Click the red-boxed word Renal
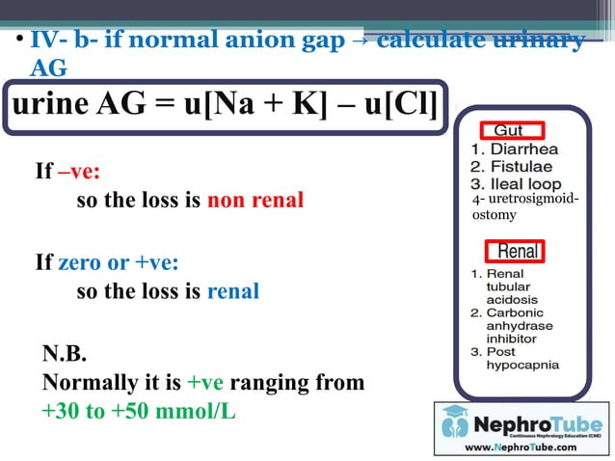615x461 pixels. pos(518,253)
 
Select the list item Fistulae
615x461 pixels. pos(518,167)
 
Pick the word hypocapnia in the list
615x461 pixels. pos(521,366)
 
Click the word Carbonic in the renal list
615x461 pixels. pos(515,312)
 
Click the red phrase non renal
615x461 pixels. pos(255,201)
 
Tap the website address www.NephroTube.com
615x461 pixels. pos(521,447)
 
